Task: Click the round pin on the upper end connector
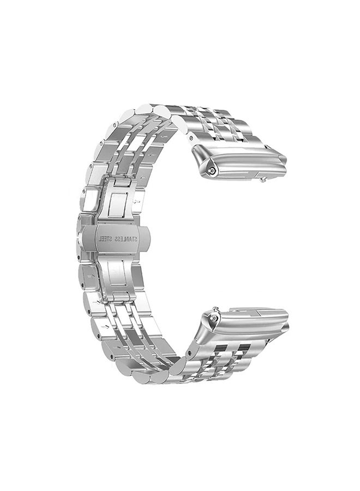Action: (213, 170)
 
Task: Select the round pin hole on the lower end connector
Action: (214, 317)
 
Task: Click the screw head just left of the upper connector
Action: (190, 137)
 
